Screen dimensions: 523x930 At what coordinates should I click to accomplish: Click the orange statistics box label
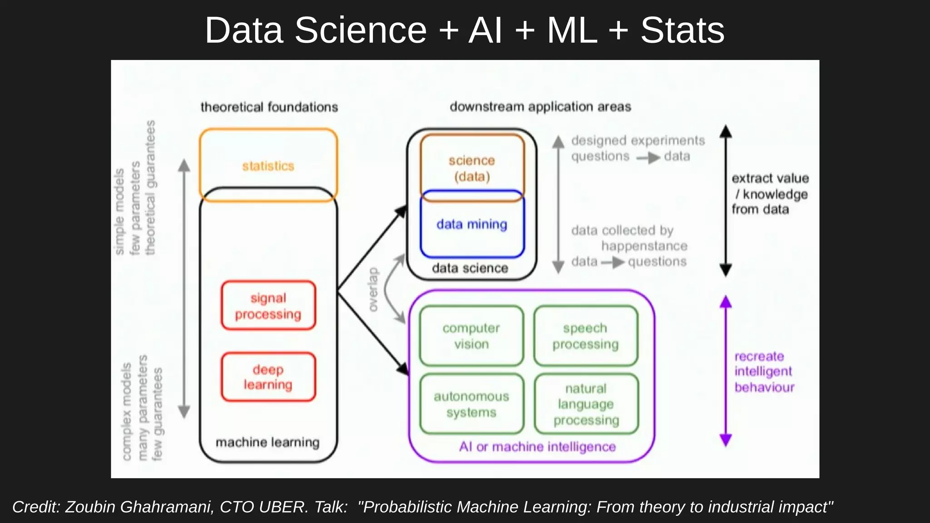tap(268, 166)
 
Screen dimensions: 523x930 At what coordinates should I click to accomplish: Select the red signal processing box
tap(268, 306)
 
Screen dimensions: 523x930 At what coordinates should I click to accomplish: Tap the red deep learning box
tap(268, 377)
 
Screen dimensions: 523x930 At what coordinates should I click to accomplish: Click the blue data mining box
tap(472, 224)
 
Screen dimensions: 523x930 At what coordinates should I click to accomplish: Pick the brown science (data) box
tap(472, 168)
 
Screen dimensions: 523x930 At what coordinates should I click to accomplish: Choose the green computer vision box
tap(471, 336)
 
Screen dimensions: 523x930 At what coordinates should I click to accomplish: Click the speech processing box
tap(585, 336)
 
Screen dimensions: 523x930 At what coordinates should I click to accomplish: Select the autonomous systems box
tap(471, 404)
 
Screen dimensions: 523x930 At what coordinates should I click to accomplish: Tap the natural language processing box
tap(586, 404)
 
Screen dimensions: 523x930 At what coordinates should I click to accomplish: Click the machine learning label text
tap(267, 442)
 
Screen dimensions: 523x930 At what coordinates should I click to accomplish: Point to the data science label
tap(470, 268)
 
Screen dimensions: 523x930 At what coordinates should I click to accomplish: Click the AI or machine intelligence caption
tap(537, 447)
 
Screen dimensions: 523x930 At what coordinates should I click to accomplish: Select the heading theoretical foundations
tap(269, 107)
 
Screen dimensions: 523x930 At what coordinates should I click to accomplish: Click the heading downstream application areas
tap(540, 107)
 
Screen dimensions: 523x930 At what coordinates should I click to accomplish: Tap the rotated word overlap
tap(373, 290)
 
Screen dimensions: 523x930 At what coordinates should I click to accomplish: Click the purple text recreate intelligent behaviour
tap(764, 372)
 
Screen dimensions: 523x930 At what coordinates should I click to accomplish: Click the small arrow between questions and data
tap(648, 158)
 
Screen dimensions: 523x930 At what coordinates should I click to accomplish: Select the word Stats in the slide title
tap(682, 30)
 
